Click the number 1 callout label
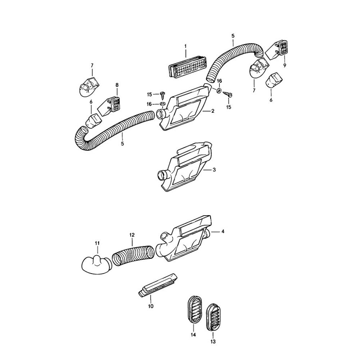(185, 46)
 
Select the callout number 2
(213, 111)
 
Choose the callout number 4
(223, 231)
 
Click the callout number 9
(284, 66)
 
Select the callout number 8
(117, 85)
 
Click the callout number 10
(150, 306)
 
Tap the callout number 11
(97, 243)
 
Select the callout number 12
(132, 235)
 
